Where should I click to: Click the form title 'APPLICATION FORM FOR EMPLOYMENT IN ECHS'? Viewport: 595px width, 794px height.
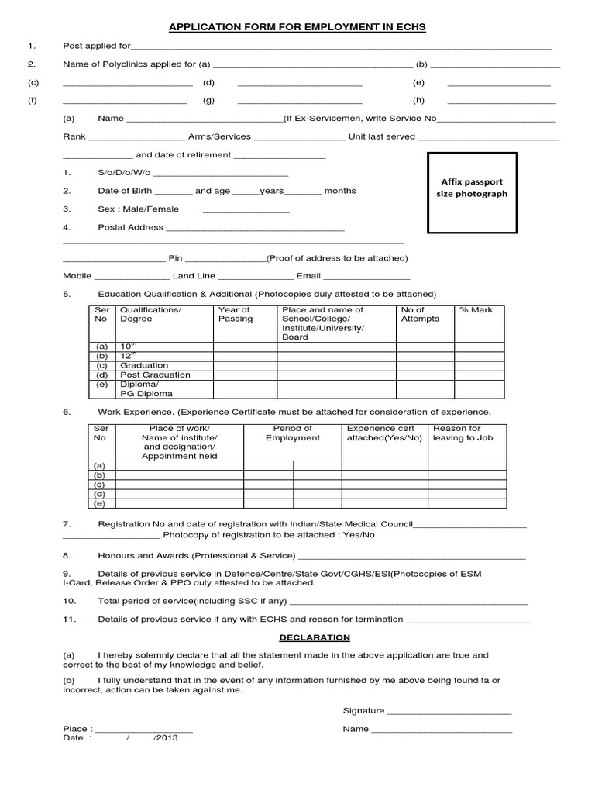(x=298, y=27)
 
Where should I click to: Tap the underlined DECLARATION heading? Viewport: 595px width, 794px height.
(x=315, y=637)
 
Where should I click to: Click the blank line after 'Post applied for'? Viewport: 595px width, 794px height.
(x=341, y=48)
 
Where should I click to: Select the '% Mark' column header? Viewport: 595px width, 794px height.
(x=476, y=310)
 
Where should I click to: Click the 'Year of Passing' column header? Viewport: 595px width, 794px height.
(x=236, y=314)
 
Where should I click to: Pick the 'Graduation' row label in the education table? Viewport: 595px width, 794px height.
(x=143, y=365)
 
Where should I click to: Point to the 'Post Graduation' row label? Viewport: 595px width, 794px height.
(x=155, y=375)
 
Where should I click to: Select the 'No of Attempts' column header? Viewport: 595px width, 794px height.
(x=419, y=314)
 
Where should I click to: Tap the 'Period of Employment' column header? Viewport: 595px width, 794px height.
(x=293, y=433)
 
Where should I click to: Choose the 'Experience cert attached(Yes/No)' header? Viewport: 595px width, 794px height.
(x=384, y=433)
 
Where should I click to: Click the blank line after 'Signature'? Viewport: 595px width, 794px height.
(x=449, y=712)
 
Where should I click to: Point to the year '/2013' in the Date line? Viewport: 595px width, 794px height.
(x=166, y=737)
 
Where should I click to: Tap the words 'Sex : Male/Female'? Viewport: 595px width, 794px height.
(x=138, y=209)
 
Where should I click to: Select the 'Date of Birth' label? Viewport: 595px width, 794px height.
(x=126, y=191)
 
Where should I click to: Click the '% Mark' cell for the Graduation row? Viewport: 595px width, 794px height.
(x=480, y=365)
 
